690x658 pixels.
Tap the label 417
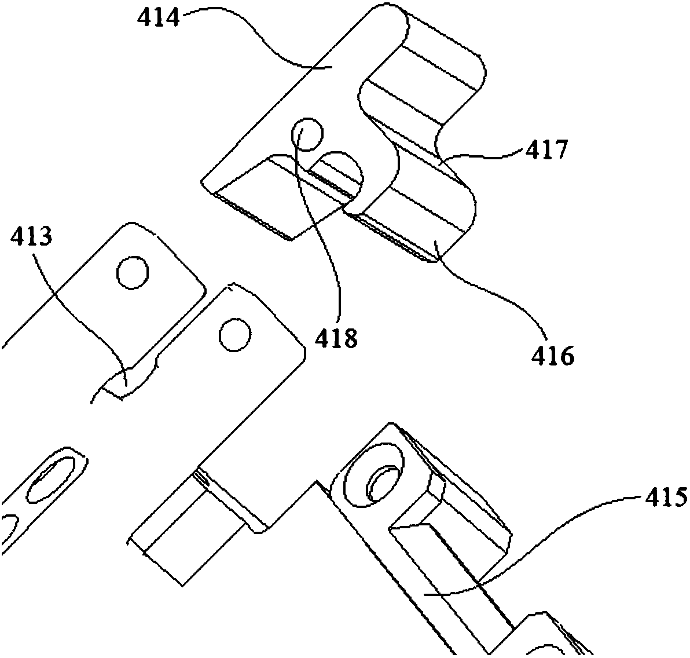546,151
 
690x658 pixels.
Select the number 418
336,338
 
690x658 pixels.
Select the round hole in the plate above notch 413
133,273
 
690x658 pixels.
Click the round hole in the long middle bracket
236,334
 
